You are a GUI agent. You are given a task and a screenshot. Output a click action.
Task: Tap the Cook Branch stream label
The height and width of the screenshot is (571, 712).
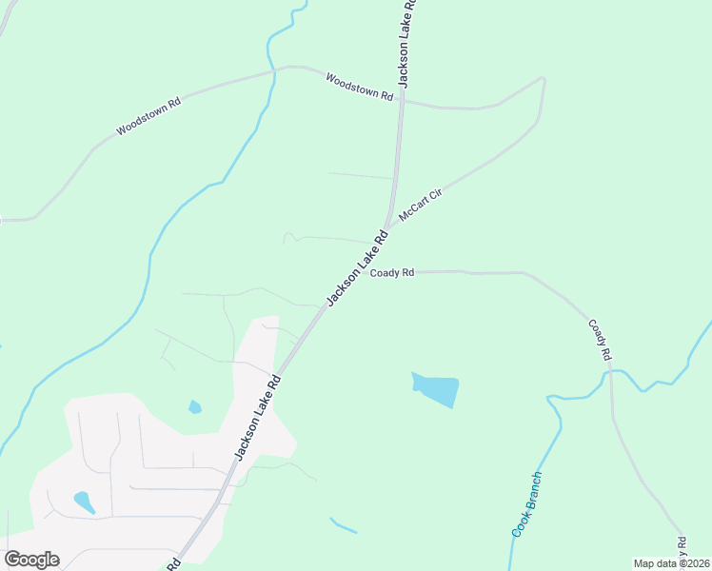coord(526,503)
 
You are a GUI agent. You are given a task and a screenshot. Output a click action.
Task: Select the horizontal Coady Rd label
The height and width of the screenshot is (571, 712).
coord(392,273)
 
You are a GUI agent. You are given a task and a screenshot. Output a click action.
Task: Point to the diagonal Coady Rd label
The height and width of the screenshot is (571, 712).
coord(599,339)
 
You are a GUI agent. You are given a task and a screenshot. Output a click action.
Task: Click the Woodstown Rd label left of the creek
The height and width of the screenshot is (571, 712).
coord(148,116)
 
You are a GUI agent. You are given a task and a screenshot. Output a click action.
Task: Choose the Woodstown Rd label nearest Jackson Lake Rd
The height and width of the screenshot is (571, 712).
coord(359,87)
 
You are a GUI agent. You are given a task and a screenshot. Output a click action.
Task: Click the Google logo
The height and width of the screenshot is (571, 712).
coord(32,560)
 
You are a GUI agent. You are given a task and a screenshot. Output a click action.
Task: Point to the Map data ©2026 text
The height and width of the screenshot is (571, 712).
coord(671,563)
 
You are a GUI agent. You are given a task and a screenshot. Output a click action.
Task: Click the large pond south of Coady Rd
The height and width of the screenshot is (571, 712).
coord(437,389)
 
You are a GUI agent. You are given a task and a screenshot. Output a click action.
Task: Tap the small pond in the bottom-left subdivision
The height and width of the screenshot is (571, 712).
coord(84,502)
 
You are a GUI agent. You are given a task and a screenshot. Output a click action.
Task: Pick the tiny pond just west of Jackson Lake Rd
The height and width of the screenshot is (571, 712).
coord(195,407)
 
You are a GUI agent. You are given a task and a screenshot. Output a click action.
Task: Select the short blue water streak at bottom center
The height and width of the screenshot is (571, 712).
coord(343,525)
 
